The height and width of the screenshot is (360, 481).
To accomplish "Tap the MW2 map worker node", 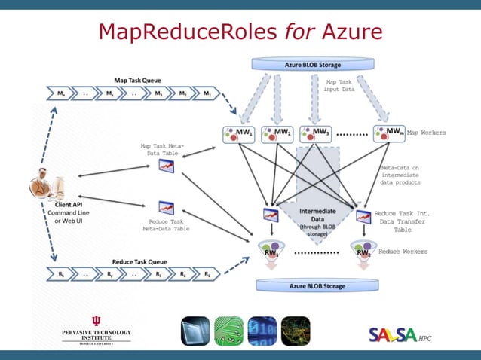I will click(x=277, y=134).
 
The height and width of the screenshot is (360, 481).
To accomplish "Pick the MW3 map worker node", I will click(x=316, y=134).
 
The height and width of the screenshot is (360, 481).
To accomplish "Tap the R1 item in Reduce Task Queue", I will click(x=205, y=275).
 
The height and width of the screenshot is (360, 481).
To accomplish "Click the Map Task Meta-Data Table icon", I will click(x=167, y=166).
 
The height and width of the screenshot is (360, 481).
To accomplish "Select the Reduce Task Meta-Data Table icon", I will click(x=167, y=207).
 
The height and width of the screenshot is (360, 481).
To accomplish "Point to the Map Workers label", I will click(x=426, y=133).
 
